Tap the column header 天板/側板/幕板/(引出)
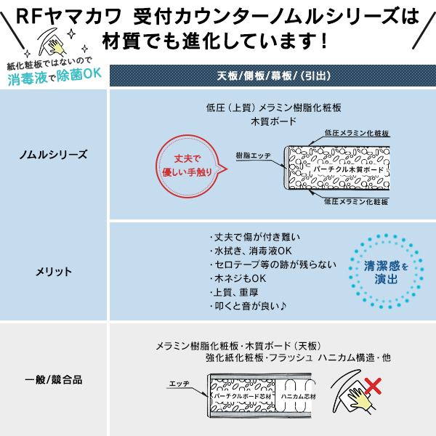pos(272,76)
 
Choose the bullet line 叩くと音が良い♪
pos(248,306)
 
